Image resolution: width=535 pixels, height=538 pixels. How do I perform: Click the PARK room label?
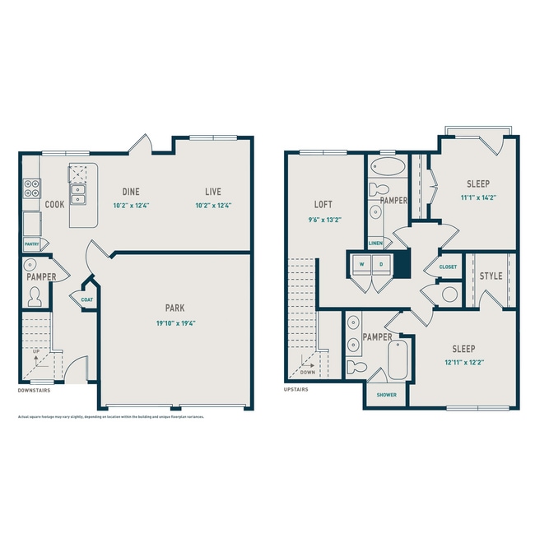174,309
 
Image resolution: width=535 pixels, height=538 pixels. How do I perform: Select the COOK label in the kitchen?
54,204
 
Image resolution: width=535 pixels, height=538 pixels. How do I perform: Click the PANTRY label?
33,243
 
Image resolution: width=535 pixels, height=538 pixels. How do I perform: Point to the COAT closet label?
87,300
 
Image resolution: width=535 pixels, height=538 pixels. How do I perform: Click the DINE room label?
132,192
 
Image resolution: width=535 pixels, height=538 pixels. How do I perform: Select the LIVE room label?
213,192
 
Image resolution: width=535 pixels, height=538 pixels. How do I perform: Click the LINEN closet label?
375,243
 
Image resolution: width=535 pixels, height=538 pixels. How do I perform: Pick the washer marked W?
361,264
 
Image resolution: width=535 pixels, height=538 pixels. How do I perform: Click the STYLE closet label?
491,276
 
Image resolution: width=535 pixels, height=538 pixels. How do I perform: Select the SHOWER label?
387,395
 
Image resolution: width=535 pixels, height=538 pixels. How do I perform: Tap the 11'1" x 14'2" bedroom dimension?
478,197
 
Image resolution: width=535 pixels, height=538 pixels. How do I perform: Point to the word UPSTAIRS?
295,389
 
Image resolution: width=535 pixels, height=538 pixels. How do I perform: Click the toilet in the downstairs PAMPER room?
35,297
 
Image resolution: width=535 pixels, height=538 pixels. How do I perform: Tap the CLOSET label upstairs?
448,267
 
